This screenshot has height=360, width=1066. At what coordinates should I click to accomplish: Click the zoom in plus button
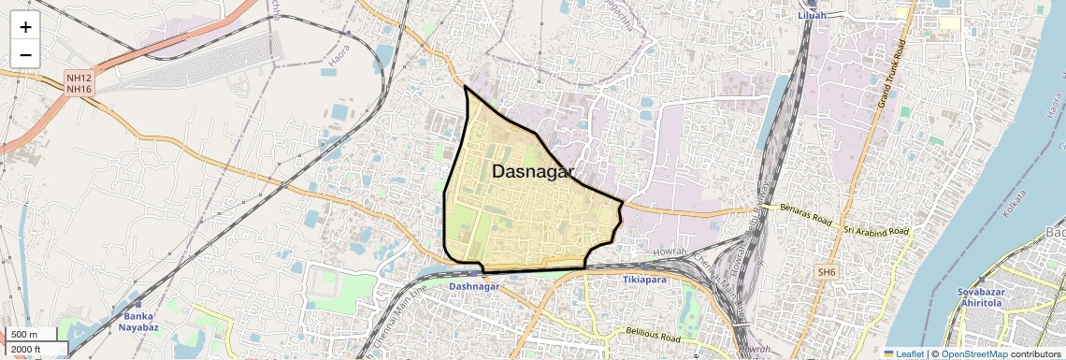coord(25,27)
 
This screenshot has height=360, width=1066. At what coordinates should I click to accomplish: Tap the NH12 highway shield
coord(79,78)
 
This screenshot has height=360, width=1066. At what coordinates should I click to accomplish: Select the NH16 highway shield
coord(79,89)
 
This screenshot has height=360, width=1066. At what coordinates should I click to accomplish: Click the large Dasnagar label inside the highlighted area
coord(532,172)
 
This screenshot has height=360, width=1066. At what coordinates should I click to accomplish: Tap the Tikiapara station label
coord(651,280)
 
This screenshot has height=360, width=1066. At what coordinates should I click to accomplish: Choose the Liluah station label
coord(813,16)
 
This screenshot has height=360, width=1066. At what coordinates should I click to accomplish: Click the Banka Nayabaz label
coord(138,322)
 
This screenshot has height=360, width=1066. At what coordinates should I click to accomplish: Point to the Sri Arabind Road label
coord(875,230)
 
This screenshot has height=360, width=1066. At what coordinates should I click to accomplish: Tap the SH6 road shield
coord(826,272)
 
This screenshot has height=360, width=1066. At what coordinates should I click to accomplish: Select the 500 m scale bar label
coord(24,335)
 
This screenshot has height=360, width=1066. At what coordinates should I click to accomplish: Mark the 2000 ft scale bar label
coord(26,350)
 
